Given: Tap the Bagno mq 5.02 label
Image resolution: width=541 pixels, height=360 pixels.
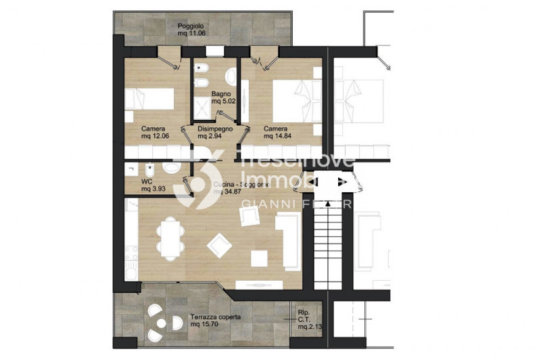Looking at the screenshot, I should click(221, 97).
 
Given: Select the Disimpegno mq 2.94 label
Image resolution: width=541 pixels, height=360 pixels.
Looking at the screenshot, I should click(215, 132).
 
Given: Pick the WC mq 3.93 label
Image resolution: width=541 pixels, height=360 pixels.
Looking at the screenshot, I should click(150, 185).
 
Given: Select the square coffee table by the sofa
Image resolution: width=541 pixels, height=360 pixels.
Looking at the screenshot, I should click(259, 258).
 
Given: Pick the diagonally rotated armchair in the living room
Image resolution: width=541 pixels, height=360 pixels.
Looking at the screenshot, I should click(220, 245).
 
